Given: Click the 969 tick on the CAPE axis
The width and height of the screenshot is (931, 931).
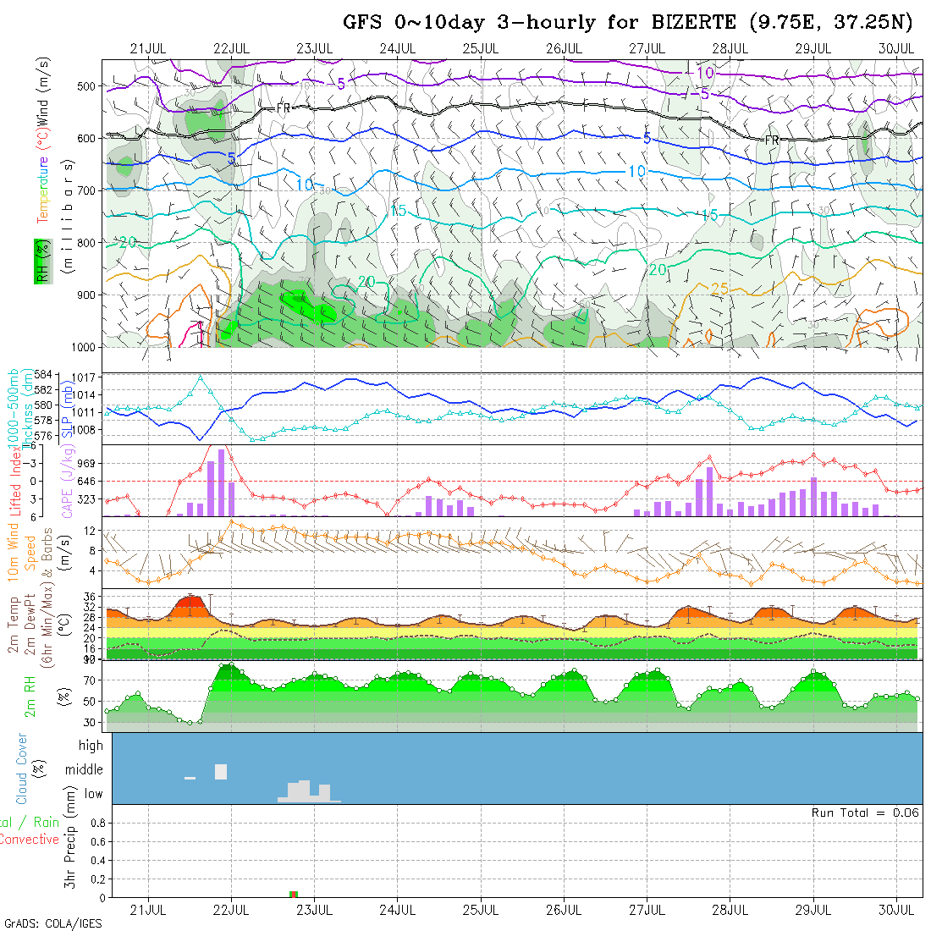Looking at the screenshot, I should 88,463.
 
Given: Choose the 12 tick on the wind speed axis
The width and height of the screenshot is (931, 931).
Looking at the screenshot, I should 91,531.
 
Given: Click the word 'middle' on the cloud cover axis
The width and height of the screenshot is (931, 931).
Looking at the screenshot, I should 84,770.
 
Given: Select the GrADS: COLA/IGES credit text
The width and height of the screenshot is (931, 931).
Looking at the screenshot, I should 52,923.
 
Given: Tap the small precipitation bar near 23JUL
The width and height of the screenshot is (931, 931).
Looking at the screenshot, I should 294,894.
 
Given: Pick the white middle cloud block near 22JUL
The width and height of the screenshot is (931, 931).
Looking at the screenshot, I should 221,771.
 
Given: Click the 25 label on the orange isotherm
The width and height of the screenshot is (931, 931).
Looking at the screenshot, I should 719,289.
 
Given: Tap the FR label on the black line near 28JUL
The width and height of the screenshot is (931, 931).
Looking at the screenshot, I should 771,140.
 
